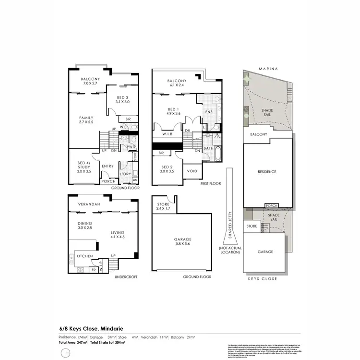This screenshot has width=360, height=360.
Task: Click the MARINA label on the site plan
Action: tap(268, 69)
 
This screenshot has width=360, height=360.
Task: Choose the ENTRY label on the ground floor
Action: tap(108, 166)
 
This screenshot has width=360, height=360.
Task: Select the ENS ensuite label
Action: tap(208, 112)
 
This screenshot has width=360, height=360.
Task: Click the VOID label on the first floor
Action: tap(192, 171)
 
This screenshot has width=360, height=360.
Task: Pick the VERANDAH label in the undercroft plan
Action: tap(89, 204)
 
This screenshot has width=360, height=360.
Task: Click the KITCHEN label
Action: tap(84, 256)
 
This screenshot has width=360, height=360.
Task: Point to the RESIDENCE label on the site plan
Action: tap(267, 171)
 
